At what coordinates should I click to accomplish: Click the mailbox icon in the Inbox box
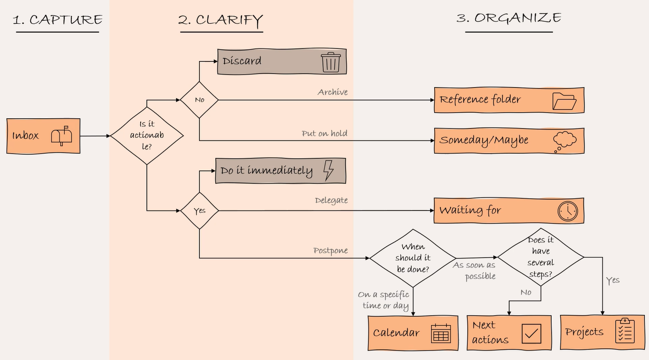[61, 136]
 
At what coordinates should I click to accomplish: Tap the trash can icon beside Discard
[331, 62]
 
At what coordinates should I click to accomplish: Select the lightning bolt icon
[328, 170]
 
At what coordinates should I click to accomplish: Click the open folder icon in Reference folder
[564, 101]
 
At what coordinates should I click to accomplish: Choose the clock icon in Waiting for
[567, 211]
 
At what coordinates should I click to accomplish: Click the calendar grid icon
[441, 333]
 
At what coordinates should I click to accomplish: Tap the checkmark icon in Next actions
[531, 333]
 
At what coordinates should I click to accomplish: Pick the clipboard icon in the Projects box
[624, 331]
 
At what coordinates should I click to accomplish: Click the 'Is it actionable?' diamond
[147, 136]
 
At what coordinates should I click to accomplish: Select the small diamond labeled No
[199, 100]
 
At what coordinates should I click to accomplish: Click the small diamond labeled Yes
[199, 211]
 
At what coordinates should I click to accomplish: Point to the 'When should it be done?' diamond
[413, 258]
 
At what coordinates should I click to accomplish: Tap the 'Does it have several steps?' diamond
[540, 257]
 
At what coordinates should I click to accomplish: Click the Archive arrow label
[333, 92]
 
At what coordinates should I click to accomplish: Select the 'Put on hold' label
[324, 134]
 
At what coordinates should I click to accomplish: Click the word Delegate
[331, 200]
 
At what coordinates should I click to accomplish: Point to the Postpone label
[330, 251]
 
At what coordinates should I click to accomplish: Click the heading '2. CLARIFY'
[220, 20]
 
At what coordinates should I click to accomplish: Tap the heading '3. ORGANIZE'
[509, 18]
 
